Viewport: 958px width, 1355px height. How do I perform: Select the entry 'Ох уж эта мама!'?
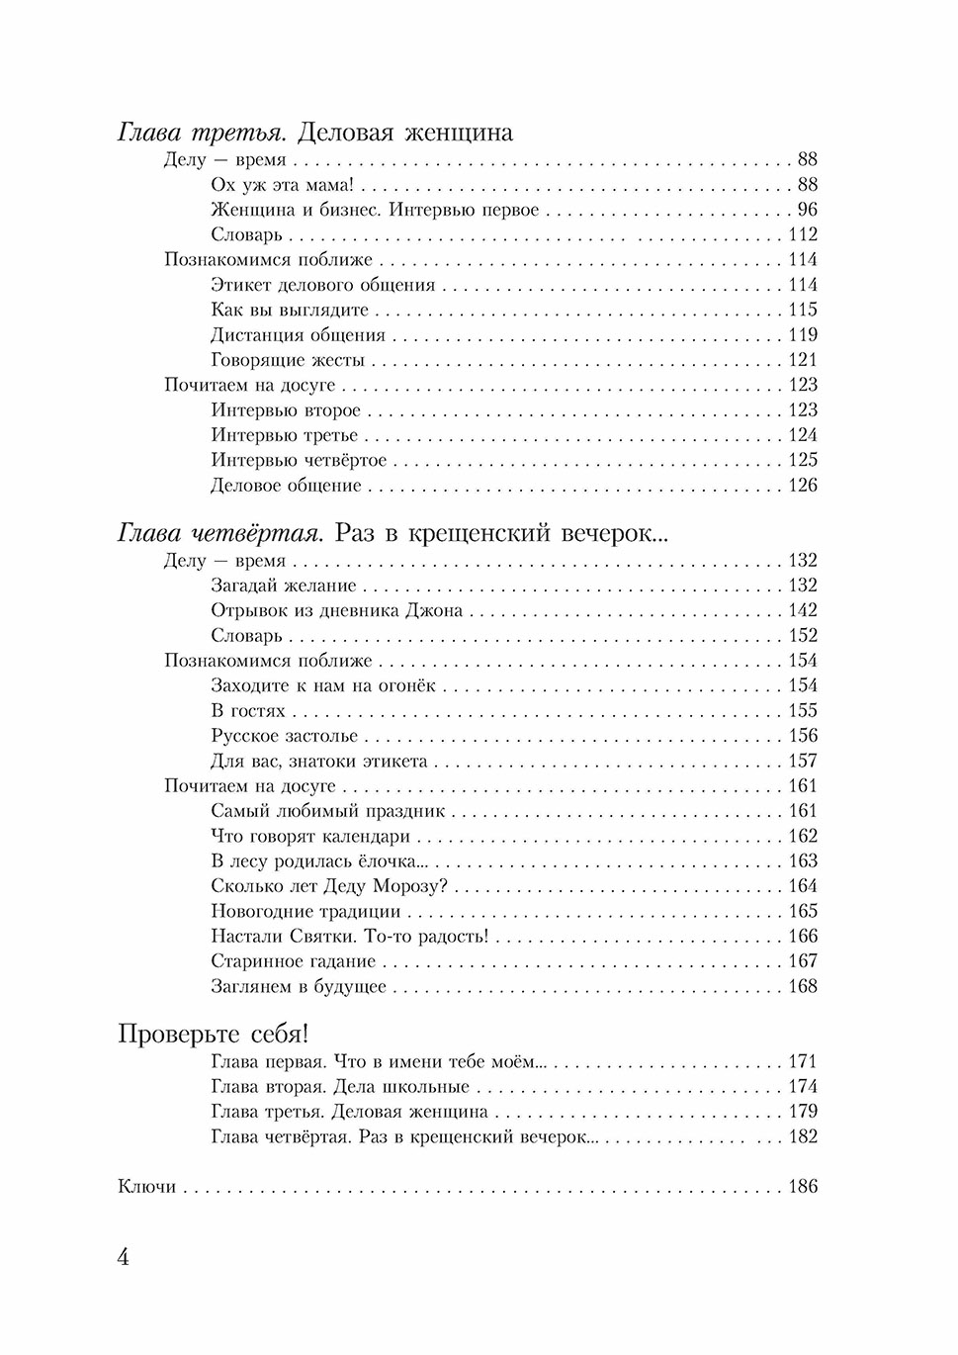[282, 185]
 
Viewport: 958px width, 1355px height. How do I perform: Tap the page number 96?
[807, 210]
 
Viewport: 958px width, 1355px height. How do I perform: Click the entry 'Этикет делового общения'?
[322, 286]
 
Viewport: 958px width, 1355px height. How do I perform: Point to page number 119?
[802, 335]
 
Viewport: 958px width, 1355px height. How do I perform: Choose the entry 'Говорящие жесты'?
[288, 360]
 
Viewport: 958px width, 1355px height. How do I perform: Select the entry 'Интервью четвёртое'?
[299, 460]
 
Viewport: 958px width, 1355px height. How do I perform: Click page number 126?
[802, 485]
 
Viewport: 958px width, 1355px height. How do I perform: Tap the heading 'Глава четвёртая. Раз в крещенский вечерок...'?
[393, 534]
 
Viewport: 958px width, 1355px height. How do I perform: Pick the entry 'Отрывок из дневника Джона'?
[336, 611]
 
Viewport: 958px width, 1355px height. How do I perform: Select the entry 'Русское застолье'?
[285, 736]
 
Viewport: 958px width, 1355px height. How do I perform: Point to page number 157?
[802, 761]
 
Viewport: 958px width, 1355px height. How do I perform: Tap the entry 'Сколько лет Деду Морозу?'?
[329, 886]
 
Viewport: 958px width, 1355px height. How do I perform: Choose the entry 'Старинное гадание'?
[294, 961]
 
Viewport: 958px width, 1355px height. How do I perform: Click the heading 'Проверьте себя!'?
[214, 1035]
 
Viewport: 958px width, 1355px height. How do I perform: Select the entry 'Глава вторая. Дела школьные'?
[339, 1087]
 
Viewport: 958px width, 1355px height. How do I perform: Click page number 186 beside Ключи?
[802, 1186]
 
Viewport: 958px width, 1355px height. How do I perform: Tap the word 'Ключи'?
[146, 1186]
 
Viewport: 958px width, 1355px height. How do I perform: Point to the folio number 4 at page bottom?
[124, 1258]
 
